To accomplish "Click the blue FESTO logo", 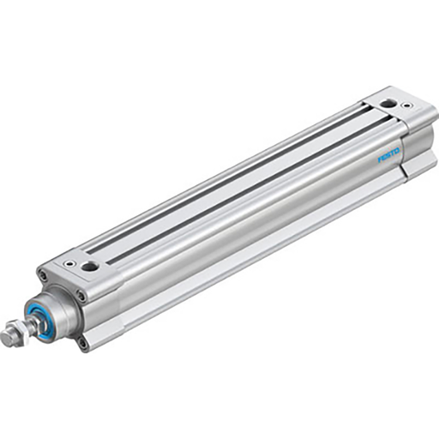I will click(x=389, y=158).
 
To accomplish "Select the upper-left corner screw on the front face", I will click(x=42, y=275).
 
